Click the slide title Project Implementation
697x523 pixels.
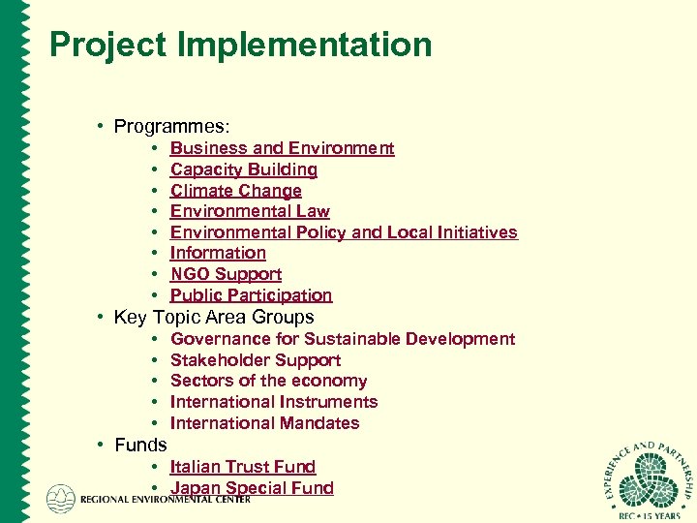point(240,45)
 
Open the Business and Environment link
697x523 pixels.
point(282,148)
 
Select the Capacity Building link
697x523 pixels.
point(244,169)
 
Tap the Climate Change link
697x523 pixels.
point(236,191)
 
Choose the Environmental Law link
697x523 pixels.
point(250,211)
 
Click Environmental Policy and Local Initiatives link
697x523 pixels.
point(344,232)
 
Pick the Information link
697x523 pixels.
point(218,253)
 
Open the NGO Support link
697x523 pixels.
point(226,274)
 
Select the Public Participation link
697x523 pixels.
point(251,295)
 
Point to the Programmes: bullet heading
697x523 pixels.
point(171,126)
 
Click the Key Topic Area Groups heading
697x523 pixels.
point(214,317)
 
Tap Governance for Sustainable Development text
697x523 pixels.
point(343,339)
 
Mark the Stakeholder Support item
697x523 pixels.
point(256,360)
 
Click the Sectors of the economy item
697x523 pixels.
point(268,381)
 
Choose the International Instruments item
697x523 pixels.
point(274,402)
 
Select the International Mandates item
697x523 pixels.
point(264,423)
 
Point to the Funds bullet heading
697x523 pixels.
point(140,446)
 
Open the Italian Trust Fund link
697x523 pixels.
point(243,467)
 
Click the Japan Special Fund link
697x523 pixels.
point(252,488)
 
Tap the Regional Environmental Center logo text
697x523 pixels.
point(165,500)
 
